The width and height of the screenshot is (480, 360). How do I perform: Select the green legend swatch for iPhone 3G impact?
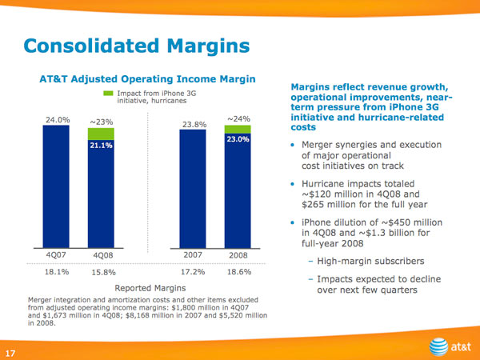[x=109, y=94]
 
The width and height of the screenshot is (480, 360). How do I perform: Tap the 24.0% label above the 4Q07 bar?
[x=57, y=119]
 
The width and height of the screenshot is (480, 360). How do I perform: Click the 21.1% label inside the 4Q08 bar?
[x=102, y=146]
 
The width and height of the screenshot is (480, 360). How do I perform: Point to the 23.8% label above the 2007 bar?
[x=195, y=125]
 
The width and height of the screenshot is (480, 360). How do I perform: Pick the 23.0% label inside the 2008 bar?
[x=238, y=139]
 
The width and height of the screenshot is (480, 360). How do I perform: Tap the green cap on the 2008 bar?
[x=238, y=129]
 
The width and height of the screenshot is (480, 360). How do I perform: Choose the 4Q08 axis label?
[x=102, y=255]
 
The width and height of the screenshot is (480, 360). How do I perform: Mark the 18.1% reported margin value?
[x=57, y=273]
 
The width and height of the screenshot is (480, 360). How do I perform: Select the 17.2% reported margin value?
[x=195, y=273]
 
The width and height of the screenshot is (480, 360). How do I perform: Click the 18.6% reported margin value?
[x=239, y=273]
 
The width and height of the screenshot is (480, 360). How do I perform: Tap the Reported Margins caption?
[x=148, y=288]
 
